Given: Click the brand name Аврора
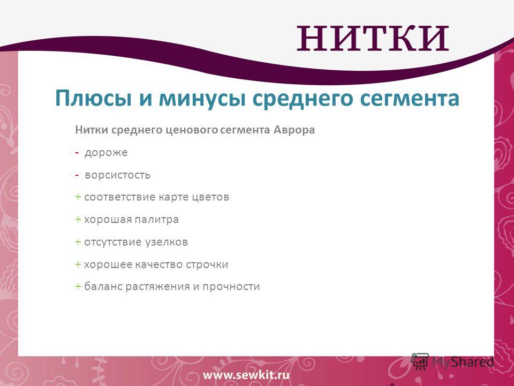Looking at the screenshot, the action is pyautogui.click(x=294, y=130).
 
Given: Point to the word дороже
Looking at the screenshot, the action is pyautogui.click(x=106, y=153).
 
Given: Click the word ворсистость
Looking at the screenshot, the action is pyautogui.click(x=117, y=175).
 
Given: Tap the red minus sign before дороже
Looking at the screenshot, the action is pyautogui.click(x=77, y=153).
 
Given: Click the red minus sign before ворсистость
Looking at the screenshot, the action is pyautogui.click(x=77, y=175).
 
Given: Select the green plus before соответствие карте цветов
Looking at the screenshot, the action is pyautogui.click(x=78, y=197).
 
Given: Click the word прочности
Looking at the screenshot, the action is pyautogui.click(x=231, y=286).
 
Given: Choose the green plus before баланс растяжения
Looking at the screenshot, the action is pyautogui.click(x=78, y=286).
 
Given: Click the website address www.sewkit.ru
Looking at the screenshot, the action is pyautogui.click(x=246, y=375).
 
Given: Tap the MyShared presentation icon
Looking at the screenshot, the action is pyautogui.click(x=420, y=362).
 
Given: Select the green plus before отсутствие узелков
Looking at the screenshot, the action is pyautogui.click(x=78, y=242).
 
